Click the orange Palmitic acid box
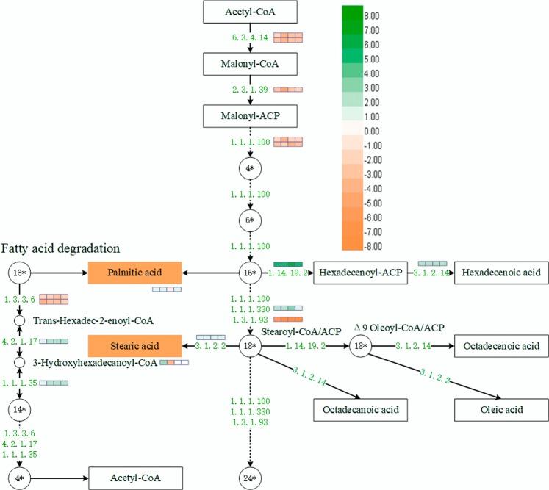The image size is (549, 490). (x=134, y=273)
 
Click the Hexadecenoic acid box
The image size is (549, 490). (x=500, y=273)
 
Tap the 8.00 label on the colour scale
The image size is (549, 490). (x=382, y=15)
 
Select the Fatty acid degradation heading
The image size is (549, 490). (x=61, y=248)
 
